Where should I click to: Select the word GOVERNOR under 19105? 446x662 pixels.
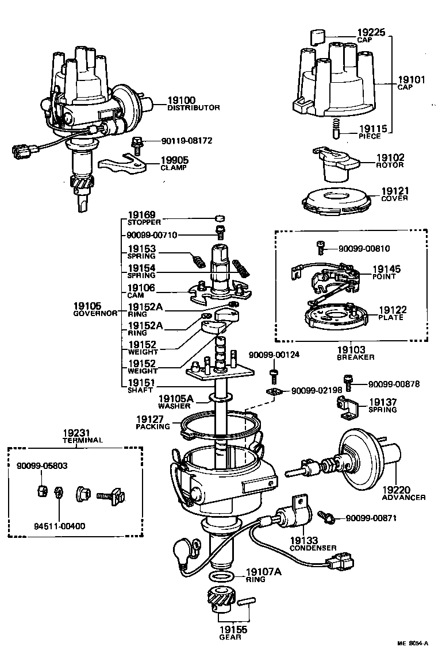[x=95, y=314]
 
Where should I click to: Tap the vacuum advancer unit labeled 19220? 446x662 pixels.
[x=360, y=457]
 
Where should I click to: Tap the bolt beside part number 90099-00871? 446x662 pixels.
[x=329, y=518]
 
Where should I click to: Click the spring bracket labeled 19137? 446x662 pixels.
[x=347, y=407]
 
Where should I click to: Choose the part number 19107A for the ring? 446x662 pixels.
[x=264, y=572]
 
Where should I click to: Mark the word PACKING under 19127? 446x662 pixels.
[x=152, y=426]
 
